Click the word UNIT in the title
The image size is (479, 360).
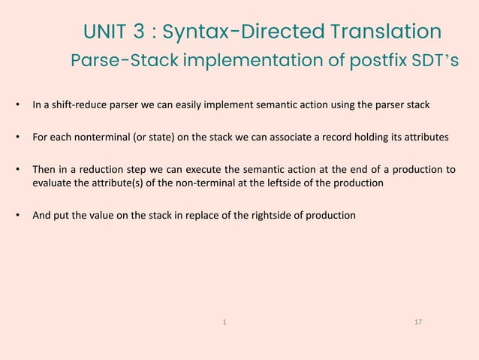pos(105,32)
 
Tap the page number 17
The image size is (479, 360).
pos(418,322)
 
